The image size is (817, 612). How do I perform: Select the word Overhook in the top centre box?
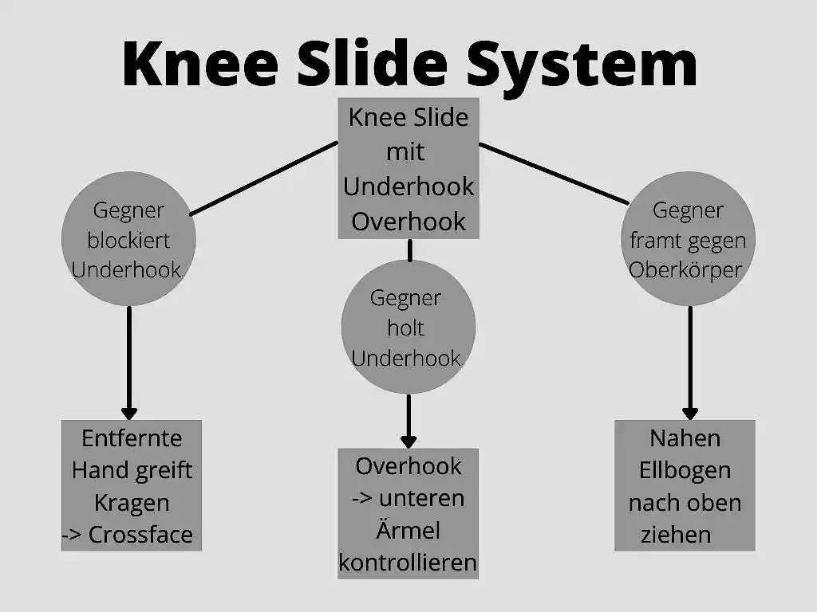(x=408, y=222)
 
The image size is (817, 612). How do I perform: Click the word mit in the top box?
(x=405, y=152)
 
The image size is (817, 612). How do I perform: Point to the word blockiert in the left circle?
(x=128, y=241)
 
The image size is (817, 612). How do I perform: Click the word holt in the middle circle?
(x=405, y=328)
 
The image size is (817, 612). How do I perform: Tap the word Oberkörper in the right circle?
(x=685, y=270)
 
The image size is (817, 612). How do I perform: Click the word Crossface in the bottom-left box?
(x=140, y=535)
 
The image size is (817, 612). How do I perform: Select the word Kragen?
(x=132, y=504)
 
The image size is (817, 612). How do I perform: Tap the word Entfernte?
(x=132, y=438)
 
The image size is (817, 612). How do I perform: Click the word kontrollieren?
(x=408, y=563)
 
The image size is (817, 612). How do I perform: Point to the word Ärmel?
(x=408, y=529)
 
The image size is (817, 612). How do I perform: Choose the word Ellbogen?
(x=685, y=471)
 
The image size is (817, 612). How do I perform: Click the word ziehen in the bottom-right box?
(x=676, y=535)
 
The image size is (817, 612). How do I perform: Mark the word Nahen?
(x=685, y=438)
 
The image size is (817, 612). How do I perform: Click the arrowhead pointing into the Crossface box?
(x=128, y=414)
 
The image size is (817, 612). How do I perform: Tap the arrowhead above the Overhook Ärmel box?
(x=408, y=441)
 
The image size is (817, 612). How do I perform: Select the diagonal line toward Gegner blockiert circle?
(x=263, y=178)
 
